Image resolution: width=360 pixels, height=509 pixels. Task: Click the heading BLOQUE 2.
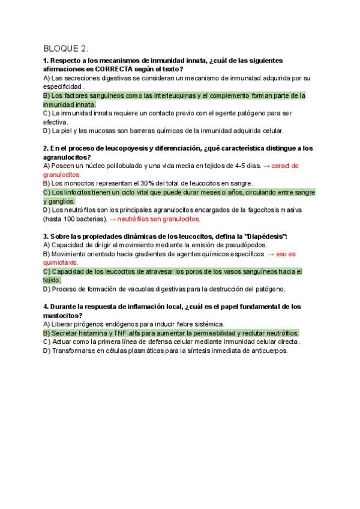click(65, 48)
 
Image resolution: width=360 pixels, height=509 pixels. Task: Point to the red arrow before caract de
click(267, 166)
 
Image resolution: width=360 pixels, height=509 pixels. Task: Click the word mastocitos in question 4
click(62, 315)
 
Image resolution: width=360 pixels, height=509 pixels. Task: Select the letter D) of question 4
click(47, 351)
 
